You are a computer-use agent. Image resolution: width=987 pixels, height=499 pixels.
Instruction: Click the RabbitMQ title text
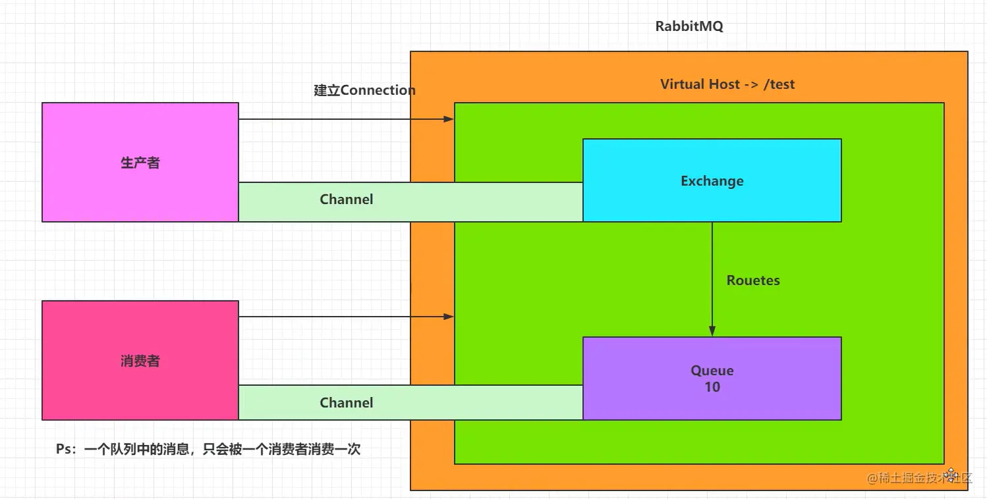(x=689, y=27)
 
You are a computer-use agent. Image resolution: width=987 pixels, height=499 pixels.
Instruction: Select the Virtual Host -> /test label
(x=727, y=84)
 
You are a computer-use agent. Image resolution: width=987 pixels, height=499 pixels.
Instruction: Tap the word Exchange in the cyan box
(x=712, y=181)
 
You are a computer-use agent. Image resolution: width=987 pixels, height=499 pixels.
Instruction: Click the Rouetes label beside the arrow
(x=753, y=280)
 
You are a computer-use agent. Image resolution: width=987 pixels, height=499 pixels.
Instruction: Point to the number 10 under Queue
(x=712, y=387)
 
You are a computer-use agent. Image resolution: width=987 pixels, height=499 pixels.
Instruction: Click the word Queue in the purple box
(x=712, y=371)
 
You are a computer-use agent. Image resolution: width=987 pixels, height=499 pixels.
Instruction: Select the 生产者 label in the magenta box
(x=140, y=163)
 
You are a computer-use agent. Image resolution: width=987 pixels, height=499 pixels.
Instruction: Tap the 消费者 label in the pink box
(x=140, y=361)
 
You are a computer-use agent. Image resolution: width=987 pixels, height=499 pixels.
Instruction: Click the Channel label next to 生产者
(x=347, y=199)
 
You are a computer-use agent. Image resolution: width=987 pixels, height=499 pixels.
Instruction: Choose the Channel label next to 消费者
(x=347, y=403)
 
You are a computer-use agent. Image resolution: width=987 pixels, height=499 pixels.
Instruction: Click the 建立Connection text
(x=364, y=90)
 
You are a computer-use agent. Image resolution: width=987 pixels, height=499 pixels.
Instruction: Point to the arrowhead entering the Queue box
(x=712, y=332)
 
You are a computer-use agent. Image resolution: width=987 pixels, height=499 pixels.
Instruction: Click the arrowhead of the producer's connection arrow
(x=449, y=119)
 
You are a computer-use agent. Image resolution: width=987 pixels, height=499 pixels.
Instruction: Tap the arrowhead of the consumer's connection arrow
(x=449, y=317)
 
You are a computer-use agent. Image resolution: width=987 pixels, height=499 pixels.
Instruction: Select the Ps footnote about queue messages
(x=208, y=450)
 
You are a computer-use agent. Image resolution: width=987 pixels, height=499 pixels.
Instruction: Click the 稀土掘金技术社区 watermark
(x=919, y=478)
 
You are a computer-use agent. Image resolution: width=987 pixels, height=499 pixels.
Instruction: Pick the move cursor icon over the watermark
(x=951, y=475)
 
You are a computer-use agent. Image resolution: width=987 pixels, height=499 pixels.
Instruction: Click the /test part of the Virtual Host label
(x=779, y=84)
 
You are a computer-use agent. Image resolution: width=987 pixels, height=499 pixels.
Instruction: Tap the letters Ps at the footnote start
(x=63, y=450)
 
